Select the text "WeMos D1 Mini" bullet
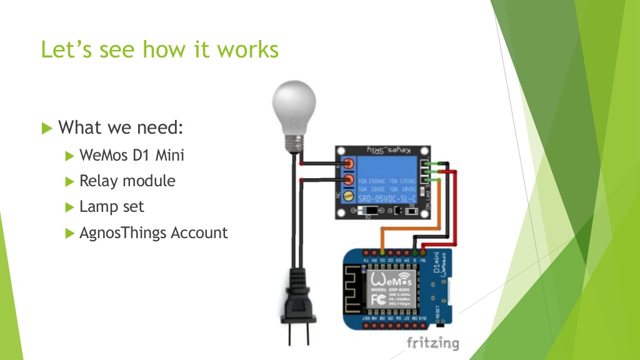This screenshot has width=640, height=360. click(132, 155)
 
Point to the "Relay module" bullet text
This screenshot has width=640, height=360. click(127, 181)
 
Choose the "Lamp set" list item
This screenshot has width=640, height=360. click(112, 207)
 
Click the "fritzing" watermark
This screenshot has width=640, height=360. click(432, 342)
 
